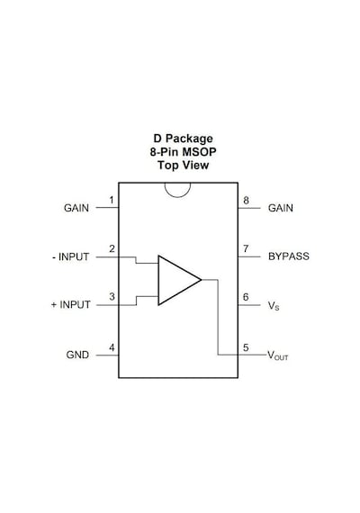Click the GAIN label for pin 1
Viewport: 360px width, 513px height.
(x=76, y=208)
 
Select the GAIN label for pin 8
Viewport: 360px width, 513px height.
(x=281, y=208)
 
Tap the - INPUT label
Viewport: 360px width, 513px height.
(x=71, y=256)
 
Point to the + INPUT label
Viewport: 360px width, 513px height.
(x=71, y=304)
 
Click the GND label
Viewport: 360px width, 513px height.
(x=77, y=355)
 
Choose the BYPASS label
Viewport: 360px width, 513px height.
(x=289, y=256)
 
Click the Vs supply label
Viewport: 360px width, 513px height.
(x=274, y=306)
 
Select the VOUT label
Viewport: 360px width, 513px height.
(x=278, y=355)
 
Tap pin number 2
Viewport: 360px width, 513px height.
(x=112, y=249)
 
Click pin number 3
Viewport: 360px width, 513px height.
(x=112, y=297)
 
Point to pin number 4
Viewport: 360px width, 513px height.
(x=112, y=347)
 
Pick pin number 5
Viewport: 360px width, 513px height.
(x=246, y=347)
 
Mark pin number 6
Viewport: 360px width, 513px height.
(x=246, y=297)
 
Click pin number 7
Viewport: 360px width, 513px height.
(x=246, y=249)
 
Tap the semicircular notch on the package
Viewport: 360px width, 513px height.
(x=177, y=197)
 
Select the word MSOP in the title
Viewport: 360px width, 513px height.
(x=199, y=152)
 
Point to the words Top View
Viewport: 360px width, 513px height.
(x=183, y=166)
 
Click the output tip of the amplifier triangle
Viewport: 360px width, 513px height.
(x=201, y=280)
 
